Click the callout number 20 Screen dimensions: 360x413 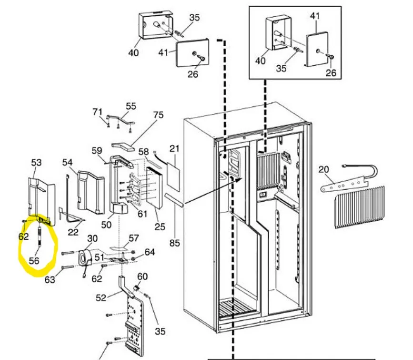pyautogui.click(x=324, y=170)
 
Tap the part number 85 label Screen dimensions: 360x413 pyautogui.click(x=175, y=243)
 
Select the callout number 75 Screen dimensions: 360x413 pyautogui.click(x=158, y=115)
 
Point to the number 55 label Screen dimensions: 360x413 pyautogui.click(x=131, y=106)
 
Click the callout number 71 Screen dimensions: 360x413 pyautogui.click(x=97, y=112)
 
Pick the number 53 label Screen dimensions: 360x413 pyautogui.click(x=37, y=163)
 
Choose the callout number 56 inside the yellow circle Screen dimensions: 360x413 pyautogui.click(x=34, y=261)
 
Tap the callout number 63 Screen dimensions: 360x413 pyautogui.click(x=50, y=280)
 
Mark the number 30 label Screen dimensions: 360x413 pyautogui.click(x=92, y=238)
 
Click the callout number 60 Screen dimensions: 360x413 pyautogui.click(x=142, y=277)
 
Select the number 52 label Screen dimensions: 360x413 pyautogui.click(x=101, y=298)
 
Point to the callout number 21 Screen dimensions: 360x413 pyautogui.click(x=174, y=148)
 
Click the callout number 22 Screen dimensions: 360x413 pyautogui.click(x=73, y=232)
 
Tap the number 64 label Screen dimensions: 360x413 pyautogui.click(x=150, y=251)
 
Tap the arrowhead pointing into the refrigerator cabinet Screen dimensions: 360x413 pyautogui.click(x=240, y=178)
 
